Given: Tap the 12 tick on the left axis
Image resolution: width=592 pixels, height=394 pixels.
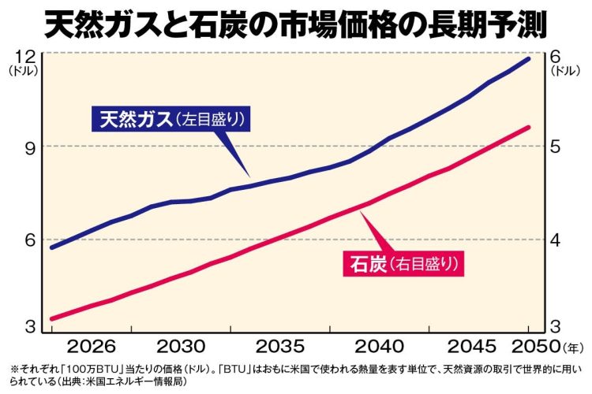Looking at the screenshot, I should tap(24, 57).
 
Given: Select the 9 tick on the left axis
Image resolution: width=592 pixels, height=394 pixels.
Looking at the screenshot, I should tap(24, 147).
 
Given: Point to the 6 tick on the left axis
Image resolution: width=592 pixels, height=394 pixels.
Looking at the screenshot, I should tap(24, 240).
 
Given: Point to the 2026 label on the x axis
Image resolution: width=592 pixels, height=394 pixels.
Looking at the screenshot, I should tap(95, 347).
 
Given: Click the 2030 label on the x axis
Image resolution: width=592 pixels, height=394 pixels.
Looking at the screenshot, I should tap(182, 347).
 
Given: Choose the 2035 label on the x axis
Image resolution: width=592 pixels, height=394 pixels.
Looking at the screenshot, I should tap(282, 347).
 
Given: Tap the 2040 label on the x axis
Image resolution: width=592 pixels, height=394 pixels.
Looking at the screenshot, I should tap(381, 347).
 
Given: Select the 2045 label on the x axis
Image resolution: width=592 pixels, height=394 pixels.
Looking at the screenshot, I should tap(470, 347).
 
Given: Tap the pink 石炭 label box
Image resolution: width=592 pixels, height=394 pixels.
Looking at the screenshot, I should tap(403, 263).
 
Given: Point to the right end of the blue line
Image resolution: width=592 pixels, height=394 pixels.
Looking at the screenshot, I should tap(529, 59).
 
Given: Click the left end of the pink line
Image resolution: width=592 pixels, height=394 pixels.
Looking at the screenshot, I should tap(52, 319).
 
